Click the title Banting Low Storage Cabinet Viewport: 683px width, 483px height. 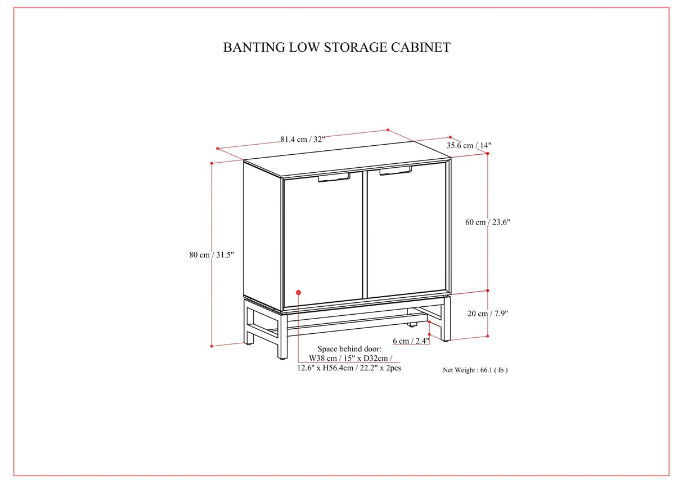(x=336, y=47)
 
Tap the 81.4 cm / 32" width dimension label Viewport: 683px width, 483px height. (x=303, y=140)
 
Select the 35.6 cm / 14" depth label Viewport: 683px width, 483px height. (x=469, y=145)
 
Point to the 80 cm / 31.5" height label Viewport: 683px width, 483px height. (x=212, y=255)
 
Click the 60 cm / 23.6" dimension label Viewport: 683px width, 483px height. (x=487, y=222)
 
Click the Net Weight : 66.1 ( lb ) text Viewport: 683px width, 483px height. (x=475, y=370)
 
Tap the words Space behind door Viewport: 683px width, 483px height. (x=349, y=349)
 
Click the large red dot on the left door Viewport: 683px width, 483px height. (x=298, y=292)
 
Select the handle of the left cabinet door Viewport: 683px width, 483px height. (x=334, y=178)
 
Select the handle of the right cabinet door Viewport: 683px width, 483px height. (x=395, y=171)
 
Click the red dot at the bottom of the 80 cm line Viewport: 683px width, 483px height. (x=212, y=346)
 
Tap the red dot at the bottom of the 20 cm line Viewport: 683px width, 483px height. (x=488, y=336)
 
